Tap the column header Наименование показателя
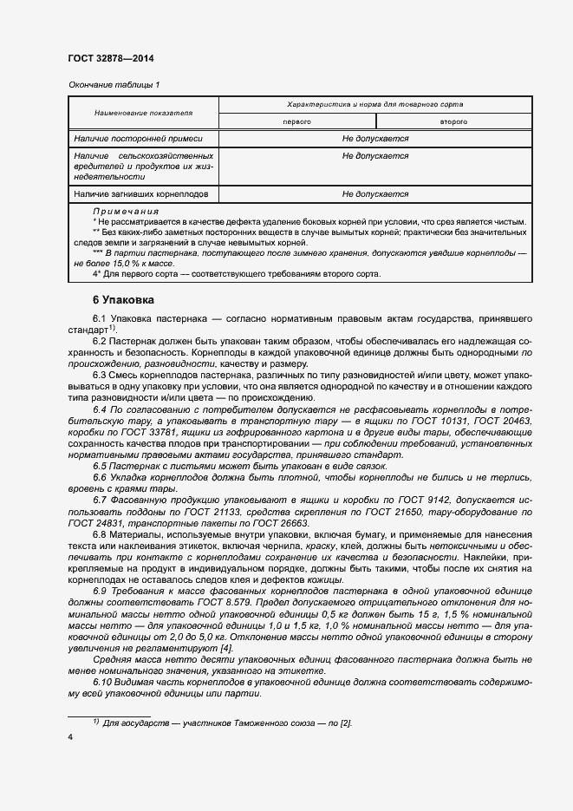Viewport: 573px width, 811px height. coord(144,114)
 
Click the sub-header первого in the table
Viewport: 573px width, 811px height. coord(296,122)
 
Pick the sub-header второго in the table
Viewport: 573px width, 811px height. coord(453,122)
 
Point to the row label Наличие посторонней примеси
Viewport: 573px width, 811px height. coord(138,138)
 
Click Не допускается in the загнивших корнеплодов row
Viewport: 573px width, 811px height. coord(374,194)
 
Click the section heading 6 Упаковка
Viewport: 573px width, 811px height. coord(123,300)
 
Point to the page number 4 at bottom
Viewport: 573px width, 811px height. coord(70,736)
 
